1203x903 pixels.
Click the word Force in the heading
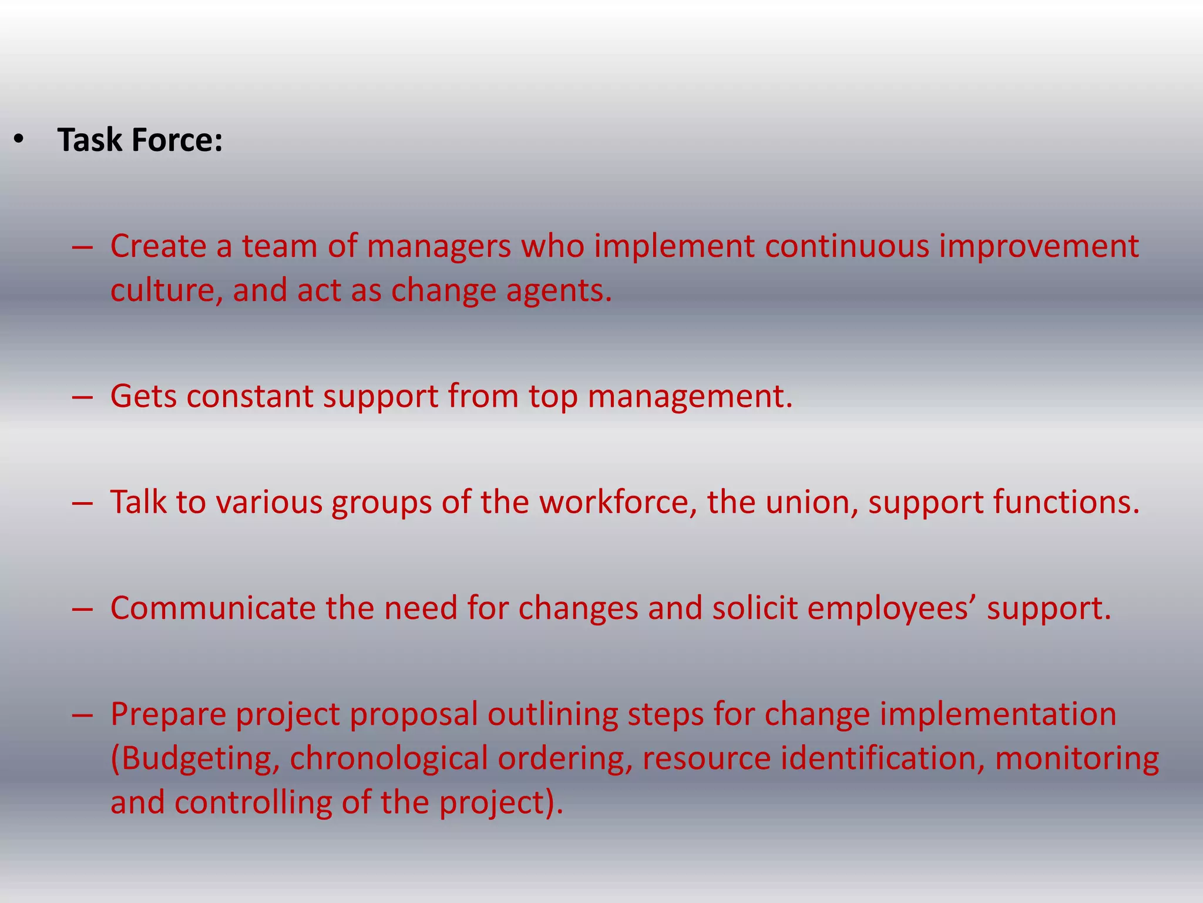pos(177,140)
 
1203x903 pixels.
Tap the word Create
pos(158,246)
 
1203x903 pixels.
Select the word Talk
pos(138,503)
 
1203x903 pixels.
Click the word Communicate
pos(213,608)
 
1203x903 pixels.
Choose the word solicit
pos(755,608)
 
